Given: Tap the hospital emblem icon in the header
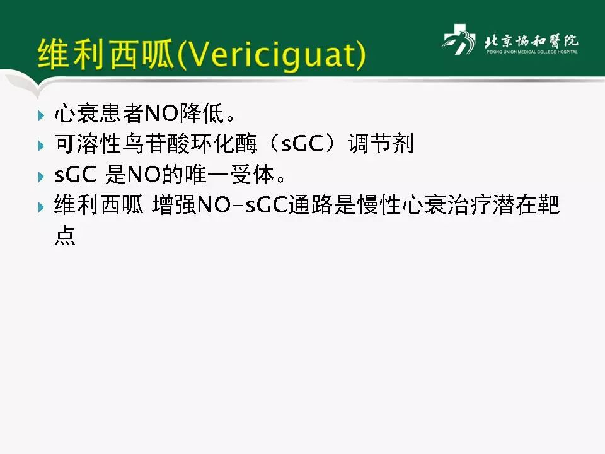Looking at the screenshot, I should pos(459,41).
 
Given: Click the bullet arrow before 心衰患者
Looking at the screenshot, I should pos(42,115).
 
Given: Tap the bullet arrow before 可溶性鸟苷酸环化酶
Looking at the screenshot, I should pos(42,146).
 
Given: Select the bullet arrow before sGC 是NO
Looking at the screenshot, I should pos(42,176).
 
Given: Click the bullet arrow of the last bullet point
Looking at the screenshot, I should pos(42,206).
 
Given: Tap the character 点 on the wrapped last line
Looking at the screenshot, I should pos(65,235).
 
